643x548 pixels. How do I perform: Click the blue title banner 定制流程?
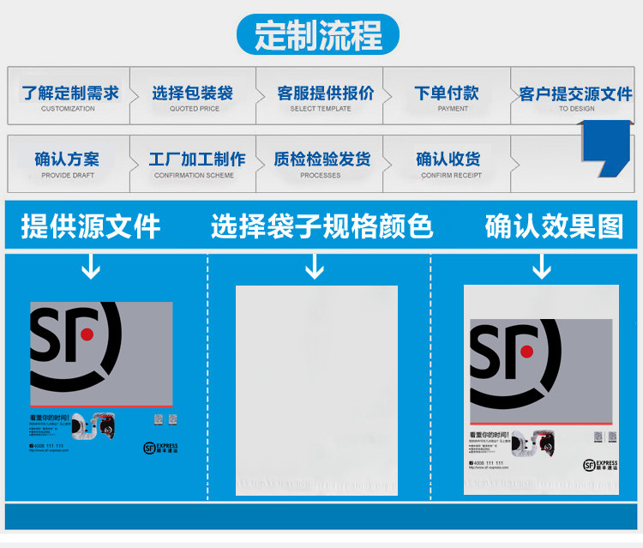[319, 35]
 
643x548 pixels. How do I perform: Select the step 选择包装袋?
[194, 94]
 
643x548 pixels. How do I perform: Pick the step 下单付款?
[448, 94]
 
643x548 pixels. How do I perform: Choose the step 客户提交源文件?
[575, 94]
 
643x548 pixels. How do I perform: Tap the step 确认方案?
[67, 161]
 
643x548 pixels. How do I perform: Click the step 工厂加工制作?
[196, 161]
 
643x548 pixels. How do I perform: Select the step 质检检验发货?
[321, 161]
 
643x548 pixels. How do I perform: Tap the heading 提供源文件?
[91, 227]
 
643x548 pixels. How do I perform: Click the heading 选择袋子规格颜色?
[321, 227]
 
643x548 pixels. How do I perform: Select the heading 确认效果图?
[554, 227]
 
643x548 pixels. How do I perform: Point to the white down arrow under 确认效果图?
[542, 269]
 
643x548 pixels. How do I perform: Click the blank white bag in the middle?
[317, 390]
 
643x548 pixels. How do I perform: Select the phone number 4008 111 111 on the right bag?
[489, 463]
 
